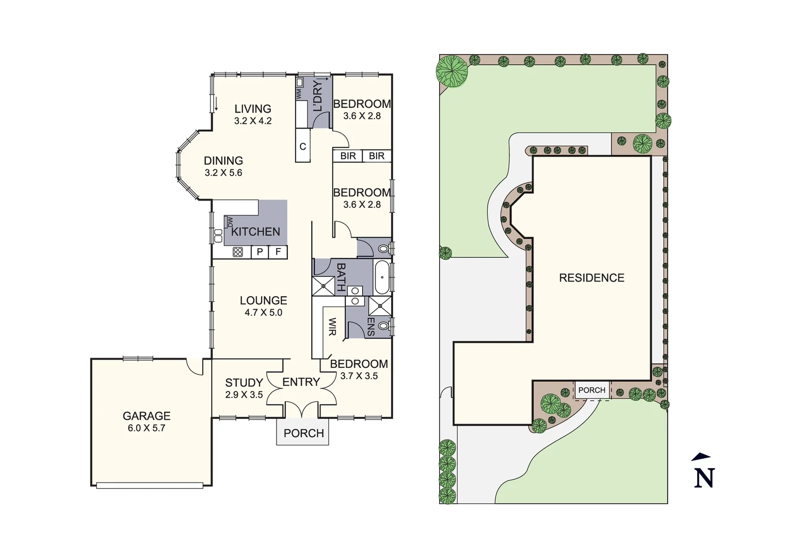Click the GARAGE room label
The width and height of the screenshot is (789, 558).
[147, 416]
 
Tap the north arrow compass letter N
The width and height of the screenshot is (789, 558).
[704, 478]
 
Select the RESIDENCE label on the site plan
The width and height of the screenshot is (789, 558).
[591, 278]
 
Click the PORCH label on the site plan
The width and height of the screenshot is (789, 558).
[591, 390]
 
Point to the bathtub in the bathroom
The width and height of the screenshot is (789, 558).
[382, 277]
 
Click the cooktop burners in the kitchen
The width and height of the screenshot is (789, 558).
[238, 252]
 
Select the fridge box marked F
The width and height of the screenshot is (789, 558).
[278, 252]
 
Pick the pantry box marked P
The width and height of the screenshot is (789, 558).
[260, 252]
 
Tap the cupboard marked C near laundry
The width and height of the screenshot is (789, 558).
[303, 147]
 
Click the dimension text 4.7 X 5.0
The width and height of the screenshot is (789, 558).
[263, 313]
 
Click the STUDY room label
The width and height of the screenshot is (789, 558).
[244, 383]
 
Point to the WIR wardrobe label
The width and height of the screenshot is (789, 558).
[332, 327]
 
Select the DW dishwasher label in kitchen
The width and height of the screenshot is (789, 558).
[230, 222]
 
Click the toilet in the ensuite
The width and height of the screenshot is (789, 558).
[383, 326]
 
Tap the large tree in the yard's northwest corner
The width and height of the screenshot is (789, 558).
[452, 70]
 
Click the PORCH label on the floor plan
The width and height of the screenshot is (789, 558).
[303, 433]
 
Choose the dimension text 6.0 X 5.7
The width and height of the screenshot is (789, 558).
[147, 428]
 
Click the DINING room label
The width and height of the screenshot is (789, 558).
[223, 161]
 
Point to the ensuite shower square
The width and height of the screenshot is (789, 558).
[380, 306]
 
